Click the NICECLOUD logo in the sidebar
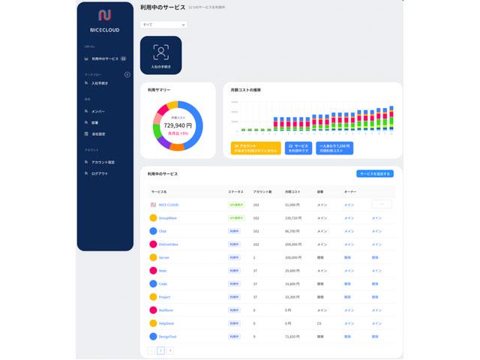click(105, 15)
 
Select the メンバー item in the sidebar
click(97, 111)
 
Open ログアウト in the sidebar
click(99, 173)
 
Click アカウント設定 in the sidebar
click(103, 162)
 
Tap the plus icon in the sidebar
click(127, 74)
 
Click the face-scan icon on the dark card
click(160, 52)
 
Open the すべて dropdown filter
click(163, 25)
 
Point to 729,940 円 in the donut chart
click(178, 125)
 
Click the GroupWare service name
click(168, 217)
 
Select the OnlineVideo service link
click(169, 244)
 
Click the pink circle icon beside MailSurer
click(153, 310)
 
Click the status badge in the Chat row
click(234, 231)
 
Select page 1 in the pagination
click(160, 350)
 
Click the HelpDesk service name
click(167, 322)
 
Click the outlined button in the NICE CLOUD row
click(382, 204)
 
